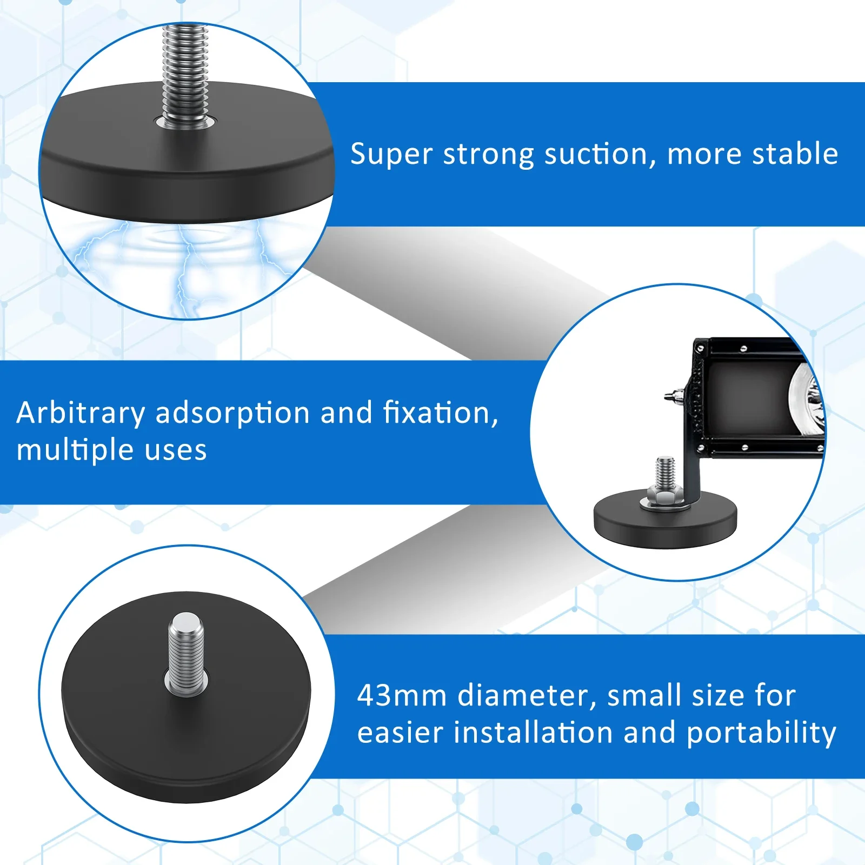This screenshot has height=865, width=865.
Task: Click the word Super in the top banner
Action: click(391, 155)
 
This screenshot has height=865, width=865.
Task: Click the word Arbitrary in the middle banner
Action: click(81, 414)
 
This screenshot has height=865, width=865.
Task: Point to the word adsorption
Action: click(233, 414)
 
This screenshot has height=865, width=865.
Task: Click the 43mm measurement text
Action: click(401, 696)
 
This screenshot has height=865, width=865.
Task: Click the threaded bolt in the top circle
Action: click(185, 76)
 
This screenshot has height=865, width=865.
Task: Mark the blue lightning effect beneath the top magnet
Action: click(178, 259)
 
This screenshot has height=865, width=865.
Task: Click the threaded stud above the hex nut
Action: click(665, 470)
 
